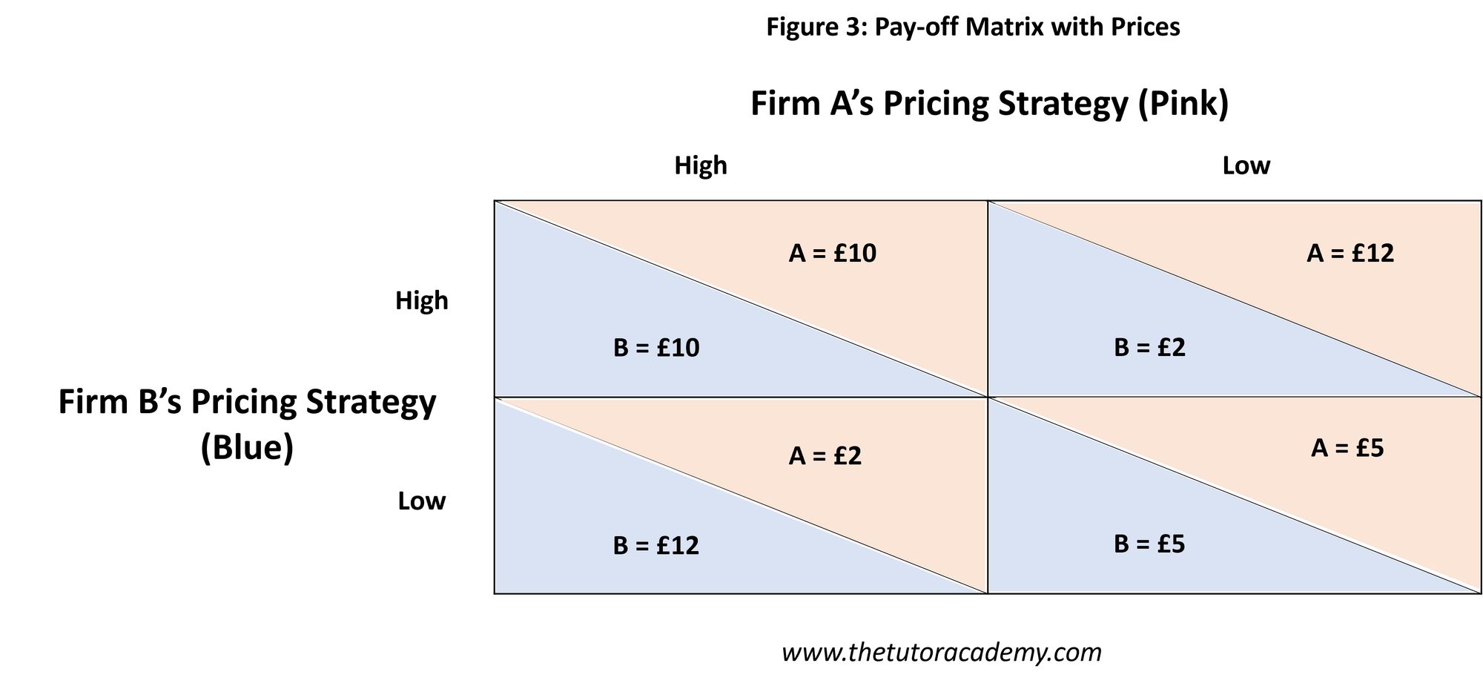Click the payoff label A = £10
pyautogui.click(x=832, y=254)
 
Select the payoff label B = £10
pyautogui.click(x=656, y=348)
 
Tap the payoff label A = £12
pyautogui.click(x=1350, y=254)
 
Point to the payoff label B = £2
pyautogui.click(x=1149, y=348)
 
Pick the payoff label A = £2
pyautogui.click(x=825, y=456)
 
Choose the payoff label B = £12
pyautogui.click(x=656, y=546)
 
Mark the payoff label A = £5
pyautogui.click(x=1347, y=449)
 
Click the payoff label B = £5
pyautogui.click(x=1149, y=544)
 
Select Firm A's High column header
pyautogui.click(x=701, y=165)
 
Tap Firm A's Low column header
pyautogui.click(x=1246, y=165)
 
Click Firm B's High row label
pyautogui.click(x=422, y=301)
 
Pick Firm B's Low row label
pyautogui.click(x=422, y=501)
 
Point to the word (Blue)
pyautogui.click(x=247, y=448)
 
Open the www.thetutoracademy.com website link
pyautogui.click(x=942, y=653)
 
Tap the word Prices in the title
pyautogui.click(x=1145, y=27)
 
